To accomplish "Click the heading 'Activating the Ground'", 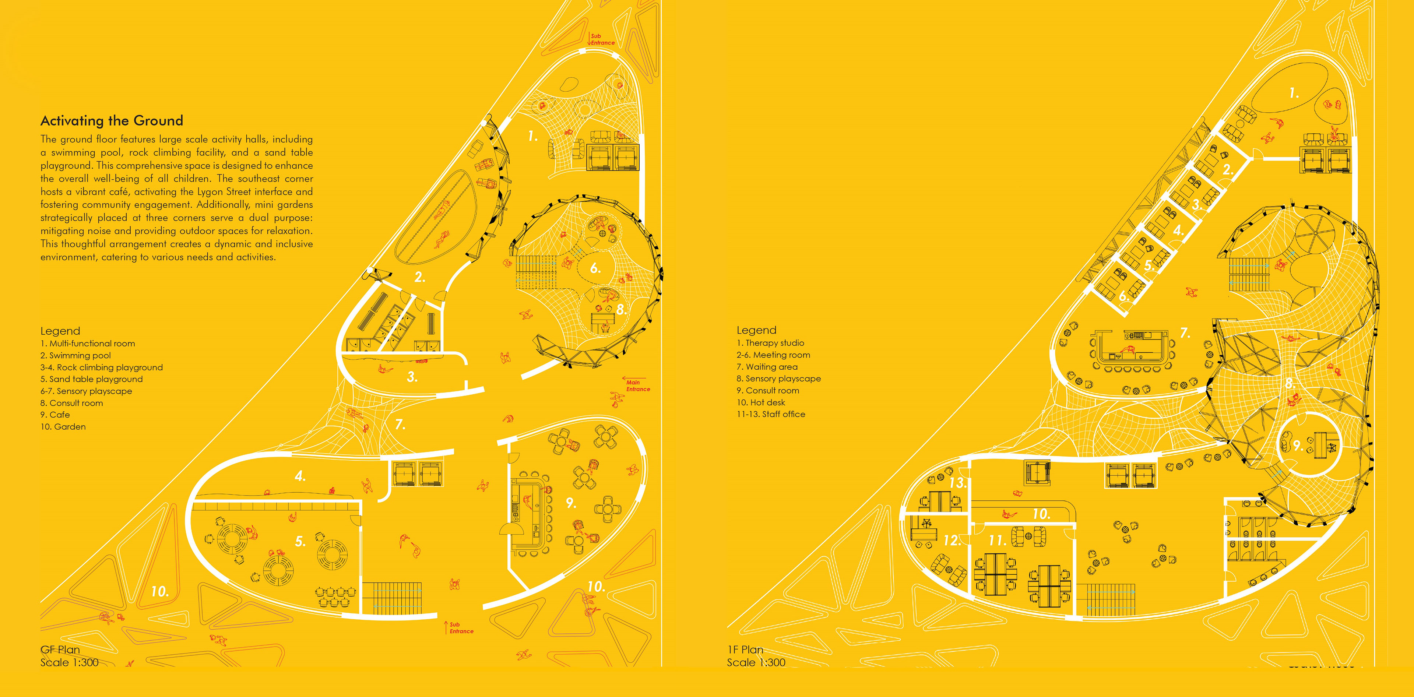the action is click(x=112, y=121).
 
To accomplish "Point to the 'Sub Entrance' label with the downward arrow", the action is click(x=602, y=39).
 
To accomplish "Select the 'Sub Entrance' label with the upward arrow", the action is click(x=461, y=628).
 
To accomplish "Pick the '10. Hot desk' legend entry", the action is click(x=761, y=402).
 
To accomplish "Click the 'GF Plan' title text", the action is click(x=60, y=649).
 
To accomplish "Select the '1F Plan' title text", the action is click(x=745, y=649).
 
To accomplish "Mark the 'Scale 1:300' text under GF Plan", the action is click(x=70, y=662).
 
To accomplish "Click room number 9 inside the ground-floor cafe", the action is click(x=571, y=503).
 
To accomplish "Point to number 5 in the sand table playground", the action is click(x=300, y=542).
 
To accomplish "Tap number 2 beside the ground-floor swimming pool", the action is click(x=419, y=277).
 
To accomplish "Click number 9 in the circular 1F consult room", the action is click(x=1297, y=445).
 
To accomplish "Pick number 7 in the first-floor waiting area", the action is click(x=1185, y=333).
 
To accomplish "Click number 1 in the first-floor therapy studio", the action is click(x=1294, y=93).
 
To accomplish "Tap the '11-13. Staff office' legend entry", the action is click(x=771, y=414).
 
